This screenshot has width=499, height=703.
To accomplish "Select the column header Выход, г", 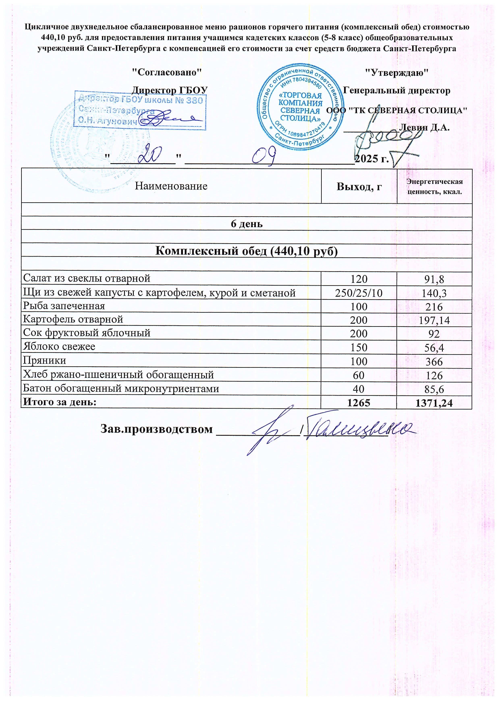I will (359, 186).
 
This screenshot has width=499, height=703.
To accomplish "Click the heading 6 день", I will (246, 224).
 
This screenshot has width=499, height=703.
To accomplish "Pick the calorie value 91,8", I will (434, 279).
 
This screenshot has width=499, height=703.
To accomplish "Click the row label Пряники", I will (45, 360).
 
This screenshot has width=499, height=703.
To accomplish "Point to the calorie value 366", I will (434, 361).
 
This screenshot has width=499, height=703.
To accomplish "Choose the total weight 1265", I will (359, 403).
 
